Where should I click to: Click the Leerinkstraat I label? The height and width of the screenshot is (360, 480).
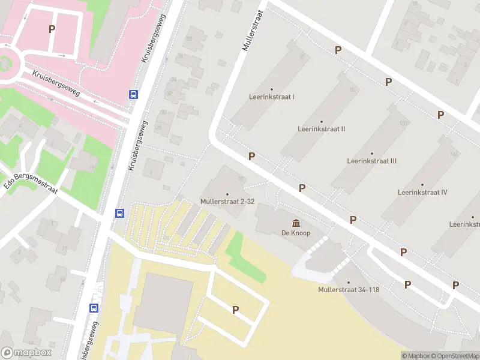272,97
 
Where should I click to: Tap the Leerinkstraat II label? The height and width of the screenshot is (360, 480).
321,129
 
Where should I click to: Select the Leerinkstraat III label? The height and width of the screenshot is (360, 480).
371,161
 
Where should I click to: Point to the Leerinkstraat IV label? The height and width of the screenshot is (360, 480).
422,193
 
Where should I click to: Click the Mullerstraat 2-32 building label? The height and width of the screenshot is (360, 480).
227,202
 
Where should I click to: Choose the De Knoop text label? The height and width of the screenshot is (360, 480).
296,233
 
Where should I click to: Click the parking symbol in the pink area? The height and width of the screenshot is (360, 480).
52,29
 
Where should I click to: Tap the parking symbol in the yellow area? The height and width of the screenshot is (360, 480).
236,310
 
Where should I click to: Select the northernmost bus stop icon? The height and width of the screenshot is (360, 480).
133,94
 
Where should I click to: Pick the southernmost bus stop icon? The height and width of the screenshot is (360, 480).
94,308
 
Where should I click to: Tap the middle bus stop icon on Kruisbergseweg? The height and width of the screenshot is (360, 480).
120,213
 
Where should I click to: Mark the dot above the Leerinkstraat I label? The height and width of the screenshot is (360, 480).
272,89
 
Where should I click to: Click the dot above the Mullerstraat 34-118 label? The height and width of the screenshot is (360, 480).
348,282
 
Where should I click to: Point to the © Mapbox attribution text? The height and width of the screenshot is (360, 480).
416,356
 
